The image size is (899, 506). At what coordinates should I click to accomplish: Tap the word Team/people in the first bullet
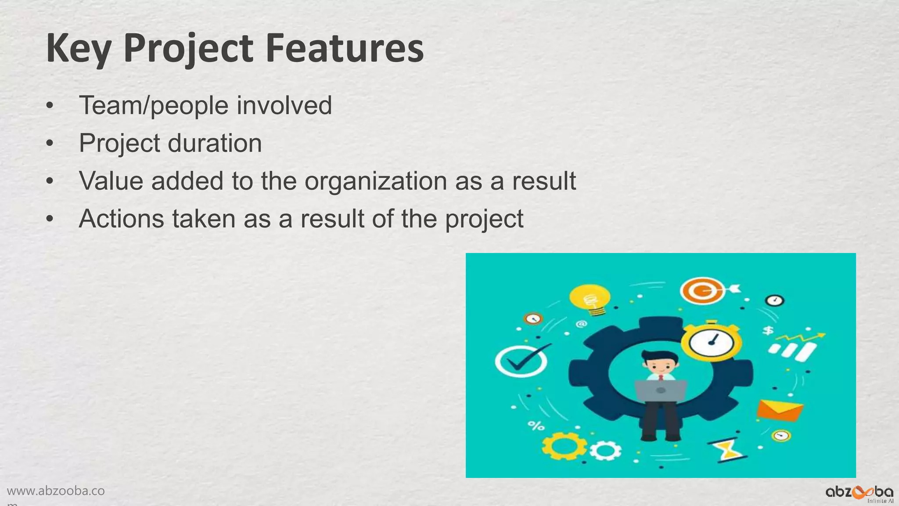click(154, 106)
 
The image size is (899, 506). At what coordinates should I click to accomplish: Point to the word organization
click(376, 181)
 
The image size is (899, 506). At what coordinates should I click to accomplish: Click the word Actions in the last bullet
click(121, 218)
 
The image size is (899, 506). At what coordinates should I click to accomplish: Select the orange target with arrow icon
click(705, 291)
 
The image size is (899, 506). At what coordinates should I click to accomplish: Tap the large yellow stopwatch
click(711, 342)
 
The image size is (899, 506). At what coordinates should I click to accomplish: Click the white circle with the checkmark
click(521, 361)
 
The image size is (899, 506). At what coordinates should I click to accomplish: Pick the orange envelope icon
click(780, 410)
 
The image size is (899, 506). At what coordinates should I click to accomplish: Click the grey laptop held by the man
click(661, 390)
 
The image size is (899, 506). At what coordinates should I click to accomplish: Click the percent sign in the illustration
click(536, 425)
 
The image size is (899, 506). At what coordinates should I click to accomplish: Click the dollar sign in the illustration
click(768, 330)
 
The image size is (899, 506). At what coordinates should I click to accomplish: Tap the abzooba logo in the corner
click(859, 493)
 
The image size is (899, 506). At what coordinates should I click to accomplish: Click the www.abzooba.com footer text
click(56, 491)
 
